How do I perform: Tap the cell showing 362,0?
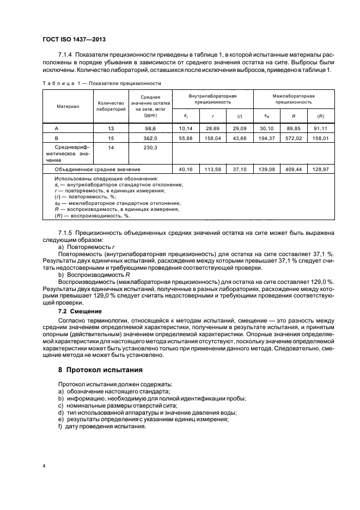coord(149,139)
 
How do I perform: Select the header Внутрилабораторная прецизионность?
coord(212,99)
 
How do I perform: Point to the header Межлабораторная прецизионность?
coord(294,99)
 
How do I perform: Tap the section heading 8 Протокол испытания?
coord(101,369)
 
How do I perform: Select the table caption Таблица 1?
coord(101,83)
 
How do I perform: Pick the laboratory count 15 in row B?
coord(111,139)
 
